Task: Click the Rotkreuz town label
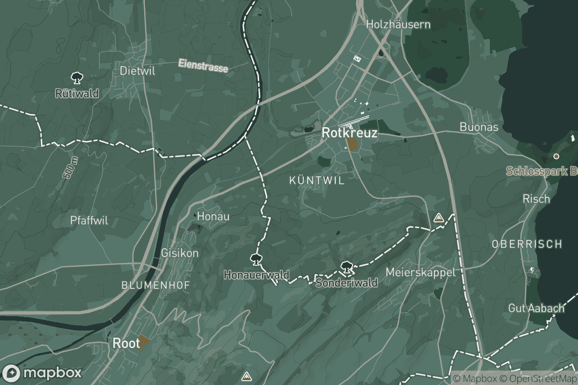click(349, 133)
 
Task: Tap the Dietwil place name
click(137, 71)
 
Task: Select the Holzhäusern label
click(398, 24)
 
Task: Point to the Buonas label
click(479, 127)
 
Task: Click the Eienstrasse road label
click(203, 65)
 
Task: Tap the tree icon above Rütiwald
click(76, 77)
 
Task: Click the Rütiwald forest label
click(77, 93)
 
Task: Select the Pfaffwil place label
click(89, 221)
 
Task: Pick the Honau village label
click(213, 217)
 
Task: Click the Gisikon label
click(180, 253)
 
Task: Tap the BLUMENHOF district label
click(156, 285)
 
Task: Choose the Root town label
click(126, 343)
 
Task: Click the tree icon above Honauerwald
click(256, 260)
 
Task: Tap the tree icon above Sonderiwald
click(345, 267)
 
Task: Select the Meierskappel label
click(420, 272)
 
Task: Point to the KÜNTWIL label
click(316, 180)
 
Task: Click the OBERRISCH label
click(527, 244)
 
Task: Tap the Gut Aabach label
click(536, 308)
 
